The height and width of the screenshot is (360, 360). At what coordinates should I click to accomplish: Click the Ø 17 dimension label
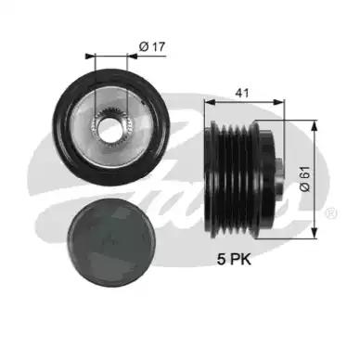(x=152, y=46)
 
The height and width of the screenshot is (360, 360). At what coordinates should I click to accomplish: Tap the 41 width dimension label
(x=242, y=93)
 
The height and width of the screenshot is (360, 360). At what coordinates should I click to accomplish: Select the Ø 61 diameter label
(x=304, y=179)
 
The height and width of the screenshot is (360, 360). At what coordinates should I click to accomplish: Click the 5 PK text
(x=234, y=259)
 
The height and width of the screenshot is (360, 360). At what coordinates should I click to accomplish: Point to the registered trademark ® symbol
(x=331, y=213)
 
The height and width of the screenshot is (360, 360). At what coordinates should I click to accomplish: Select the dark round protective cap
(x=111, y=242)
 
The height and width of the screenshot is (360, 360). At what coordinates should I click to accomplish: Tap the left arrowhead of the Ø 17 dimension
(x=89, y=56)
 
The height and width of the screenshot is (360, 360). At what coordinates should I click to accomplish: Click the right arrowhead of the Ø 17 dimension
(x=133, y=56)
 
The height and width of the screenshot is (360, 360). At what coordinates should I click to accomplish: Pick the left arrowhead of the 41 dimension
(x=210, y=102)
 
